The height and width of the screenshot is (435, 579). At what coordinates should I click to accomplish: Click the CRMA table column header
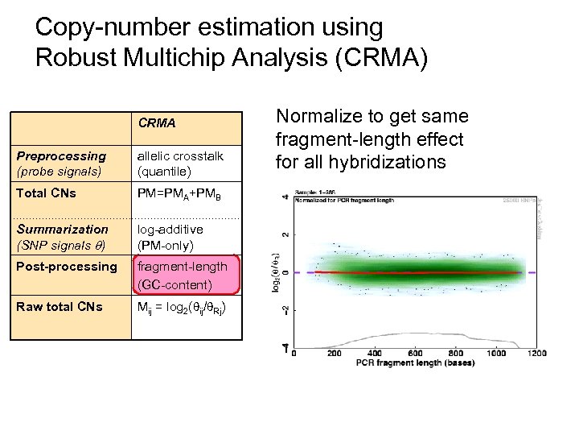157,124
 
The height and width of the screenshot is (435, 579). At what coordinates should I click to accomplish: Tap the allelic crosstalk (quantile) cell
180,163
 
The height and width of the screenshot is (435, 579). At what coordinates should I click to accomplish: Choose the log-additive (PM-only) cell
170,237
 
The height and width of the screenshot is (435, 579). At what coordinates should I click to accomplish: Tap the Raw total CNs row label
60,306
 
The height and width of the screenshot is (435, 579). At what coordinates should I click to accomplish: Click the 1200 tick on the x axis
537,353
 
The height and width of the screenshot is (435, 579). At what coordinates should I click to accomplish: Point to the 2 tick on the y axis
286,234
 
